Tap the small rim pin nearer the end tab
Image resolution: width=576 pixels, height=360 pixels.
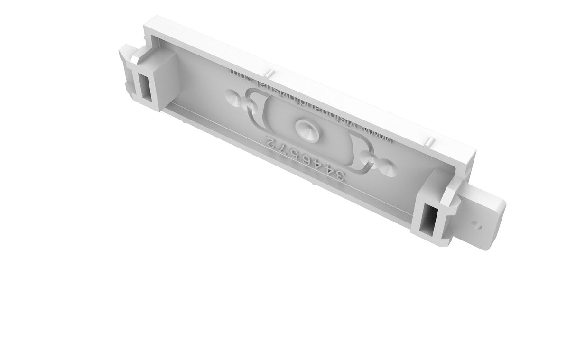click(x=428, y=141)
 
